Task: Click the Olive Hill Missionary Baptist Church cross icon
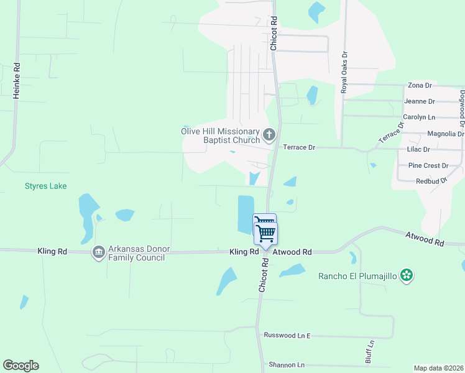[x=269, y=134]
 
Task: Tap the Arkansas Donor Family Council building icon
[x=98, y=252]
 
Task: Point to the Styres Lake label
[x=45, y=186]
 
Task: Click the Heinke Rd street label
[x=17, y=80]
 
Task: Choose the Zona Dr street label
[x=420, y=85]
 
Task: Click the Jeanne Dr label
[x=419, y=101]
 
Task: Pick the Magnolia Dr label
[x=446, y=134]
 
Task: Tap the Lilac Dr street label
[x=418, y=150]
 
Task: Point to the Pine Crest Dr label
[x=428, y=166]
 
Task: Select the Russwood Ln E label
[x=287, y=336]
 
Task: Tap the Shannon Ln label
[x=287, y=365]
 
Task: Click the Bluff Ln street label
[x=370, y=351]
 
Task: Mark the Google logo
[x=21, y=366]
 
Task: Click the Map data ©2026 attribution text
[x=438, y=368]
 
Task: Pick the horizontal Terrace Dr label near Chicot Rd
[x=299, y=148]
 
